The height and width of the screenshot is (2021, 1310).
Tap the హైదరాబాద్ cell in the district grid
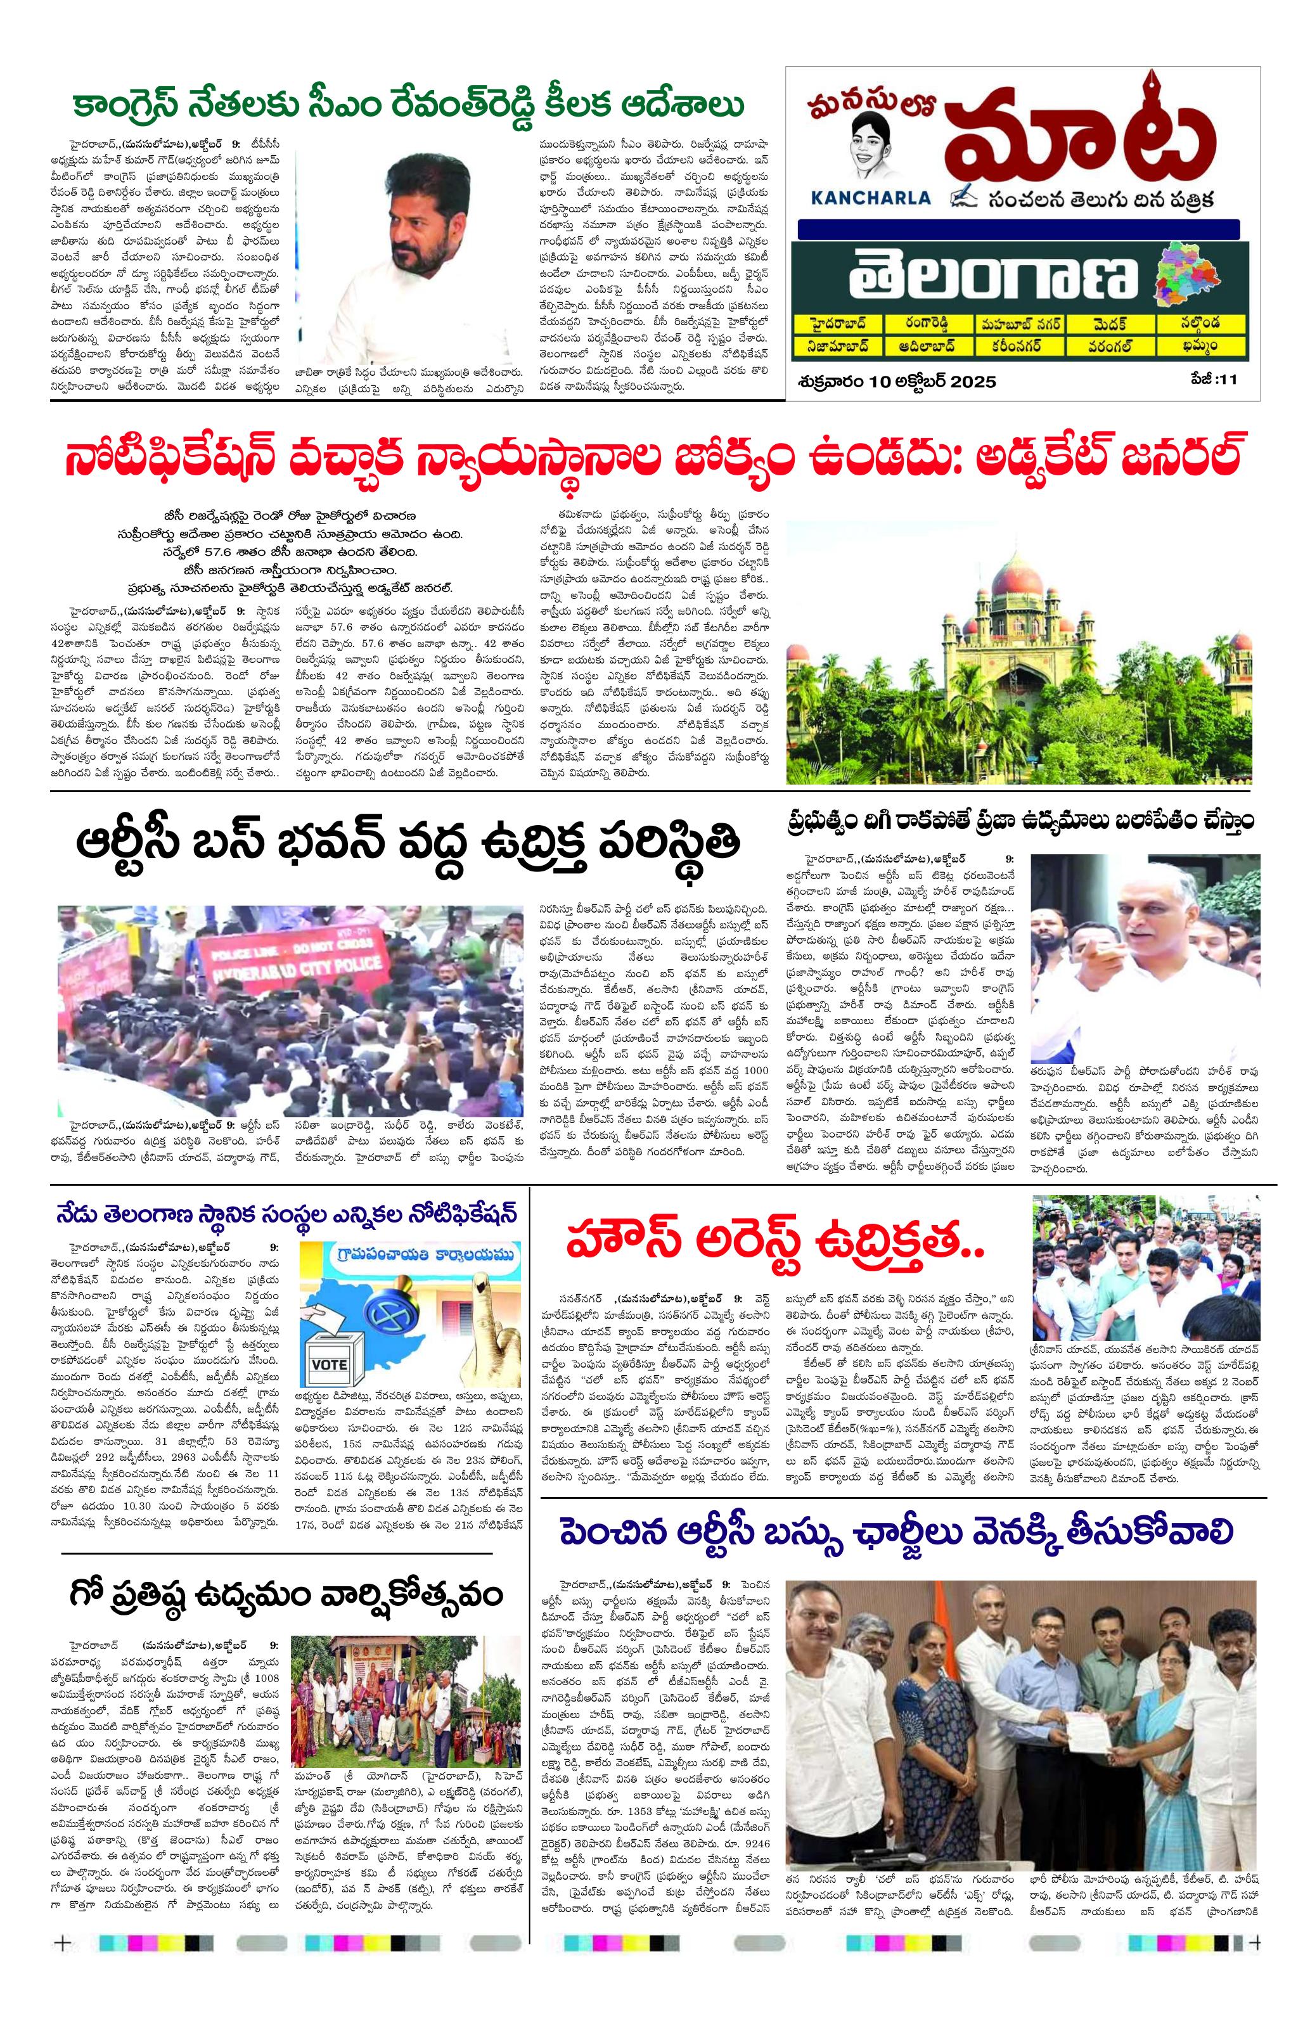835,324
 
